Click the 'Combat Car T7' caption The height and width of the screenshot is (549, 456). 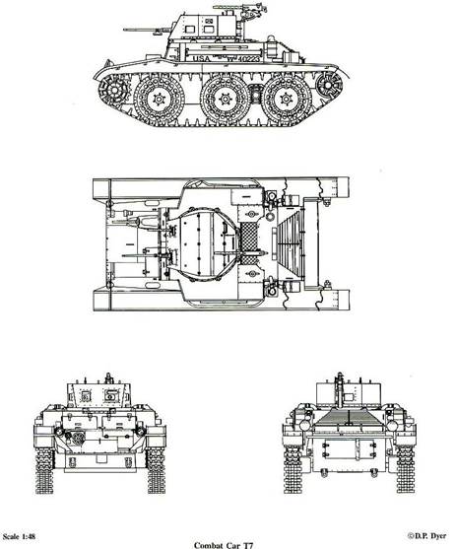click(224, 545)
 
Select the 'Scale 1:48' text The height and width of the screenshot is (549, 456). click(20, 536)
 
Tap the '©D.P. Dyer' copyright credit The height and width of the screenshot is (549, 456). click(426, 536)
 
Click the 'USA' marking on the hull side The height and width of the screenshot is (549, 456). click(202, 58)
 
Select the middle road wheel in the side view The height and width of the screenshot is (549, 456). click(225, 100)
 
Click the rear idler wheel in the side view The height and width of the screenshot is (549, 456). click(329, 85)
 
